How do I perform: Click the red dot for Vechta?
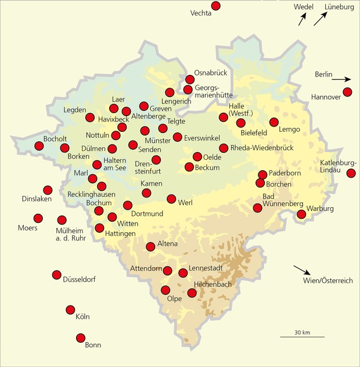coord(216,6)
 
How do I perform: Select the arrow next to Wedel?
coord(302,20)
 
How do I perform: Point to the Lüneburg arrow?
coord(321,19)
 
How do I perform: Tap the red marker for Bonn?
coord(81,337)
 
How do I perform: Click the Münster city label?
coord(158,141)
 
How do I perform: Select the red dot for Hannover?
coord(348,92)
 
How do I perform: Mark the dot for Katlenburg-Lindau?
coord(351,173)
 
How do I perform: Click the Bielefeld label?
coord(253,132)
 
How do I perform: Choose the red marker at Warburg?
coord(301,214)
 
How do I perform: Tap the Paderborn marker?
coord(262,174)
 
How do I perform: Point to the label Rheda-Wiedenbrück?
coord(262,148)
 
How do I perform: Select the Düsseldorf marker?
coord(57,275)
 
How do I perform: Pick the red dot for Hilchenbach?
coord(192,293)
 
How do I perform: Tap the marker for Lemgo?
coord(274,122)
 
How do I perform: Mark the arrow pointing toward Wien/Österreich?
coord(301,270)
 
